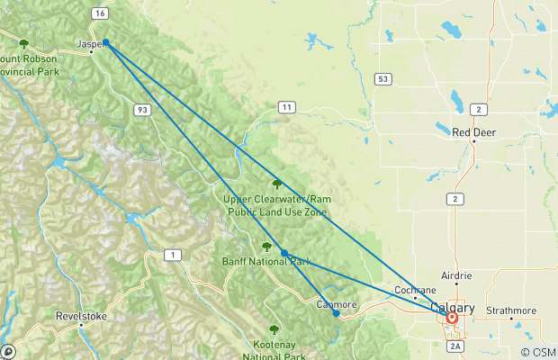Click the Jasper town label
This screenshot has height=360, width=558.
pyautogui.click(x=87, y=42)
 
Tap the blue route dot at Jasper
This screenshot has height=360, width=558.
pyautogui.click(x=106, y=42)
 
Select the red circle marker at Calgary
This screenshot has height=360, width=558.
pyautogui.click(x=452, y=318)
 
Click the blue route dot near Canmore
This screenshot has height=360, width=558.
pyautogui.click(x=336, y=314)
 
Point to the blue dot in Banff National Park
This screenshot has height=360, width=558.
pyautogui.click(x=284, y=253)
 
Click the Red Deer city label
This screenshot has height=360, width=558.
pyautogui.click(x=473, y=132)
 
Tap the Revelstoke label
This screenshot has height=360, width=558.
pyautogui.click(x=81, y=316)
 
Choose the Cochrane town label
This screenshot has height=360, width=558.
pyautogui.click(x=416, y=290)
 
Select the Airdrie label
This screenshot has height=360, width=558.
pyautogui.click(x=456, y=275)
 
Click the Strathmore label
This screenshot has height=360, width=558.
pyautogui.click(x=510, y=310)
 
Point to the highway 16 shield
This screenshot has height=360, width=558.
pyautogui.click(x=99, y=13)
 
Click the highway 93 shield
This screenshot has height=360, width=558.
pyautogui.click(x=143, y=109)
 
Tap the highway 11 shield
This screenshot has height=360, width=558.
pyautogui.click(x=286, y=107)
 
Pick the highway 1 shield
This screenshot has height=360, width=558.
pyautogui.click(x=170, y=256)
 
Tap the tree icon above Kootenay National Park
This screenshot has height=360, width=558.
pyautogui.click(x=274, y=329)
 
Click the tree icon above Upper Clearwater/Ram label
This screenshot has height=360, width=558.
pyautogui.click(x=277, y=184)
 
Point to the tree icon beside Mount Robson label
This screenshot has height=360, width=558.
pyautogui.click(x=24, y=43)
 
